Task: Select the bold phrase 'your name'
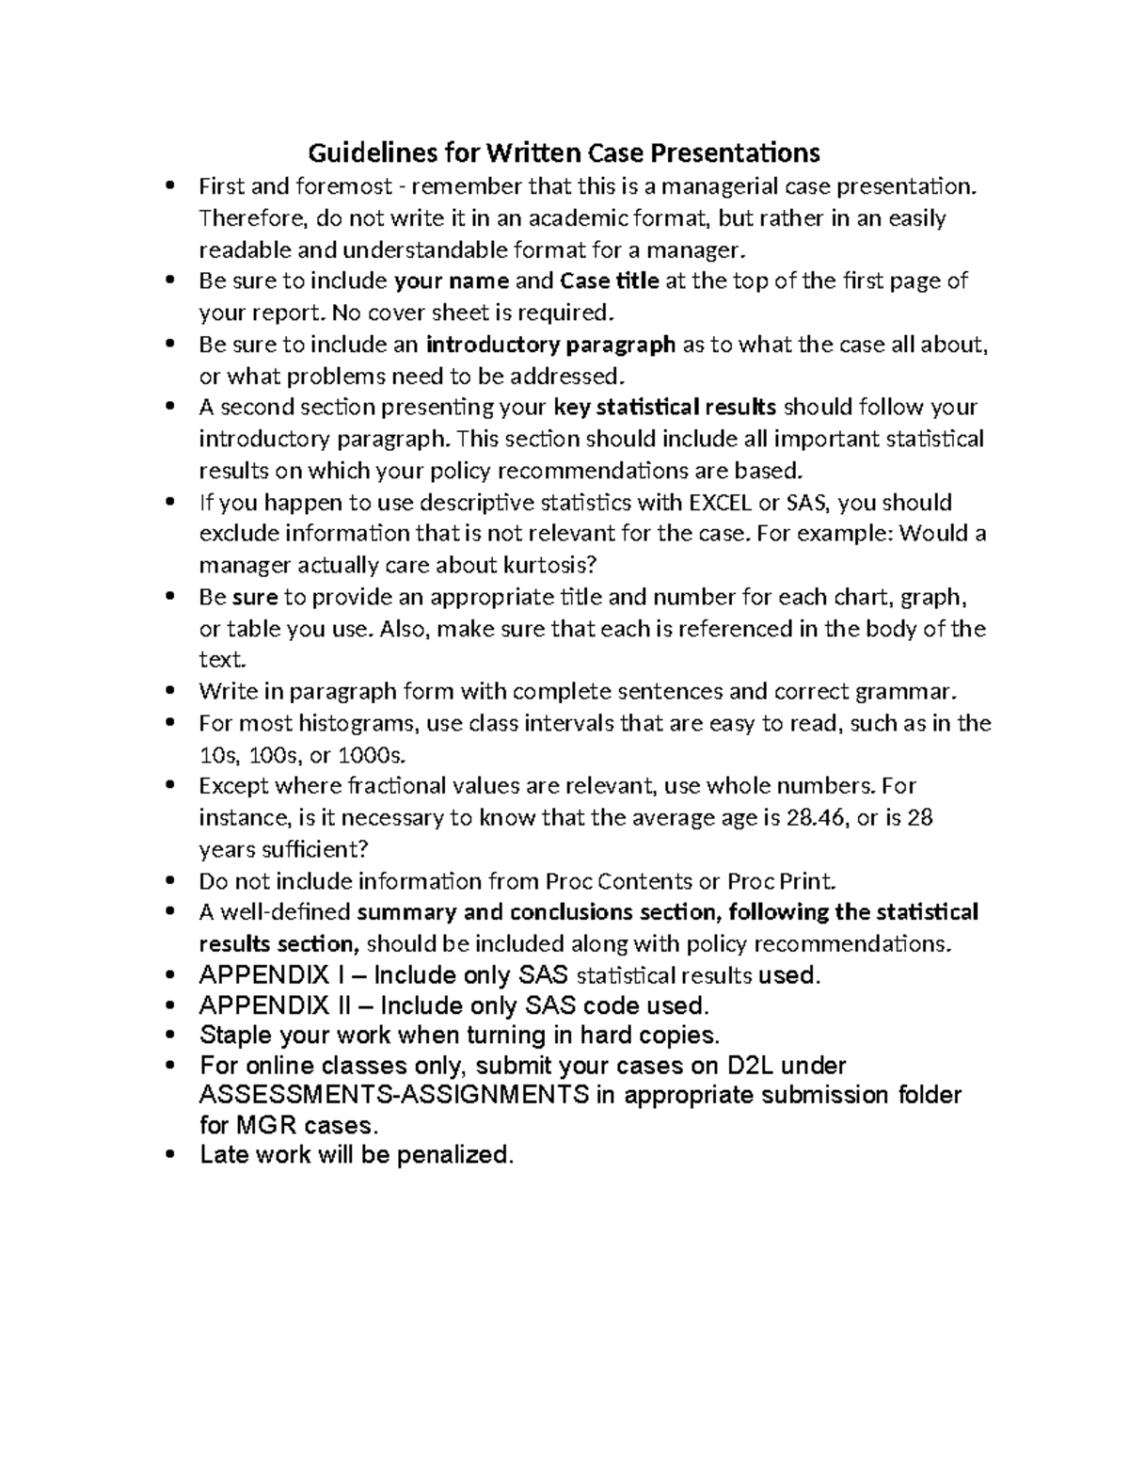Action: click(x=452, y=281)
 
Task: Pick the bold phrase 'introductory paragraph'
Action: click(x=550, y=345)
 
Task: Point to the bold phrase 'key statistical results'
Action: click(x=665, y=408)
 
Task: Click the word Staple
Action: click(x=236, y=1036)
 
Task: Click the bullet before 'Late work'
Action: click(x=169, y=1155)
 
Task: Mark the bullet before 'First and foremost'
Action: click(x=169, y=186)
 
